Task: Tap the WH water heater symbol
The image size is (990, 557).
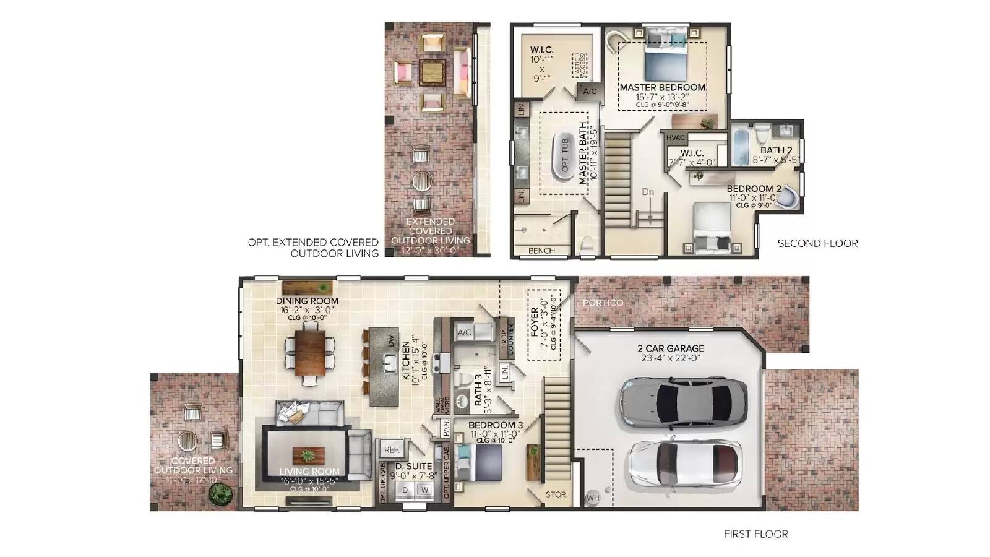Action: point(593,497)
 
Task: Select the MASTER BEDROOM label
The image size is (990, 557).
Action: point(663,88)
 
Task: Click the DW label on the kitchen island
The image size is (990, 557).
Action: point(391,341)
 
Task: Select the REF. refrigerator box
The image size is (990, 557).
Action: point(391,450)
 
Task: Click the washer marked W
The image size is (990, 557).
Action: point(424,490)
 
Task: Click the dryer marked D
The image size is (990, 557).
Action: point(405,490)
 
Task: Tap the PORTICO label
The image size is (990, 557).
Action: point(603,303)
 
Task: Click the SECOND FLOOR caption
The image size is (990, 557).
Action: point(817,243)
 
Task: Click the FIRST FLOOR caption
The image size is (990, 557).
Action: point(755,534)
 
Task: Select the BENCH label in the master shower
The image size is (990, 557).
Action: point(541,251)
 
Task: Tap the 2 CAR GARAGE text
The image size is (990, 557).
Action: point(671,348)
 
